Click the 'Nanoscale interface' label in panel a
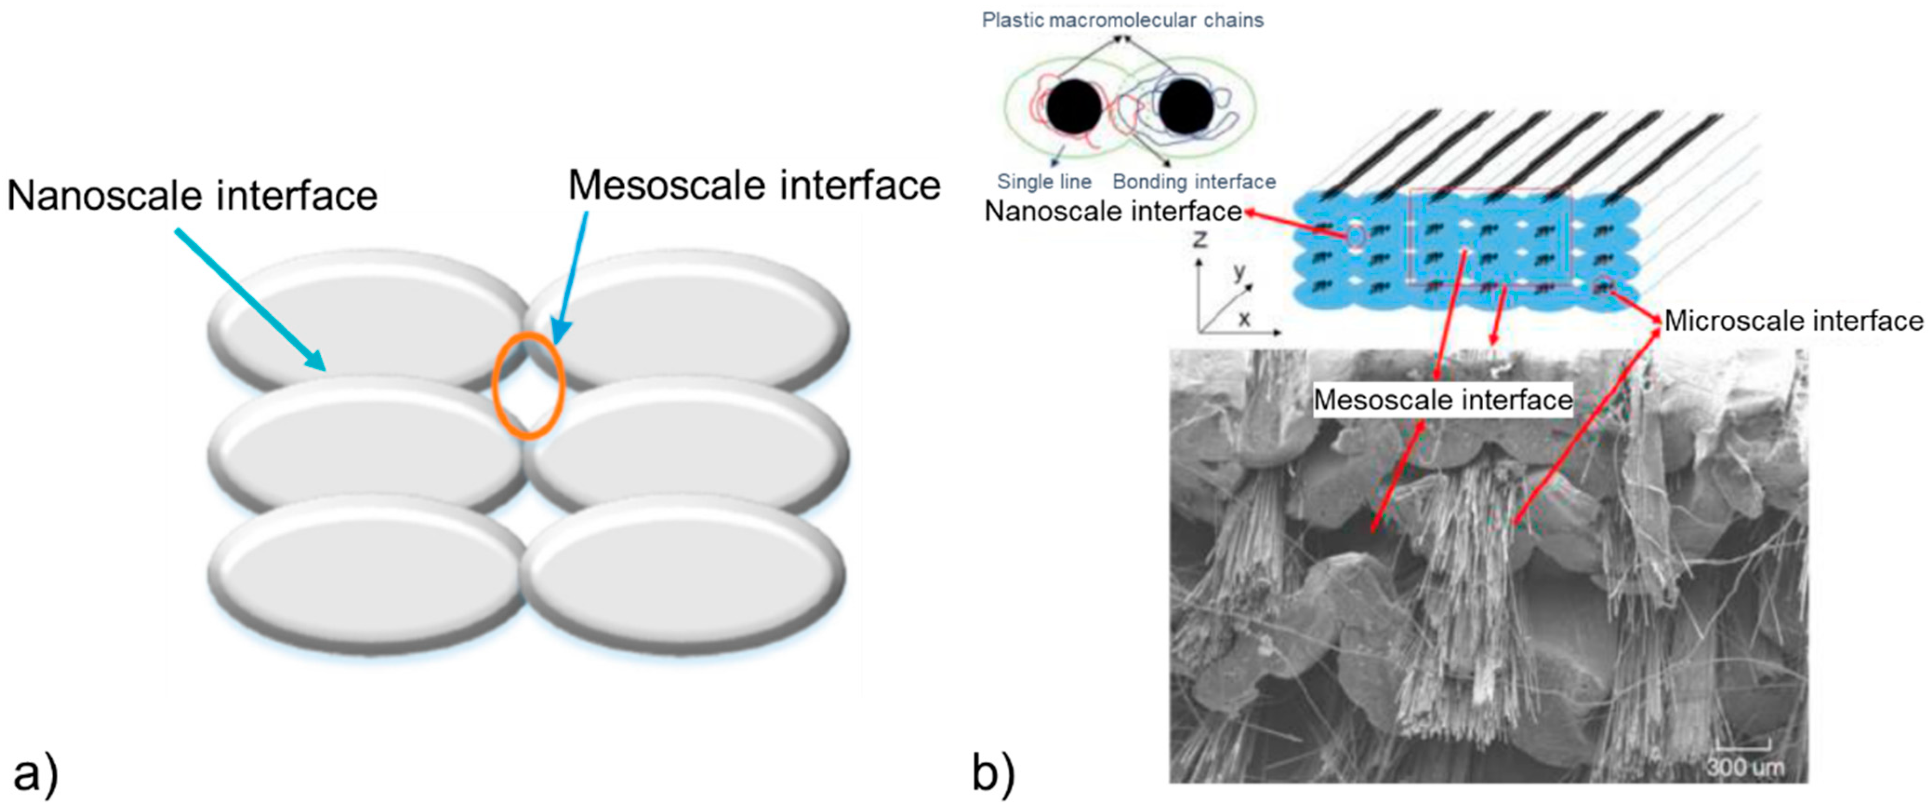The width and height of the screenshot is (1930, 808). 192,196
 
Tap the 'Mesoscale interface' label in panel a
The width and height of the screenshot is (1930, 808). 753,185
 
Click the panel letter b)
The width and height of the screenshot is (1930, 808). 993,772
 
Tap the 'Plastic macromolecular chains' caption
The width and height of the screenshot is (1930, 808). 1122,20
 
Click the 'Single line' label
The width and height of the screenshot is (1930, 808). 1044,181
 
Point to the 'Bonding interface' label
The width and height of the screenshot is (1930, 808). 1194,181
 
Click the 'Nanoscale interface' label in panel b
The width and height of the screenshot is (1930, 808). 1113,211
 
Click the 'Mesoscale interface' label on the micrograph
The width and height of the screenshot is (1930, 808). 1443,400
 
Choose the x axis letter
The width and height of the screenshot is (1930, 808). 1244,319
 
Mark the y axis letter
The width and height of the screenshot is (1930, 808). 1240,271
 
